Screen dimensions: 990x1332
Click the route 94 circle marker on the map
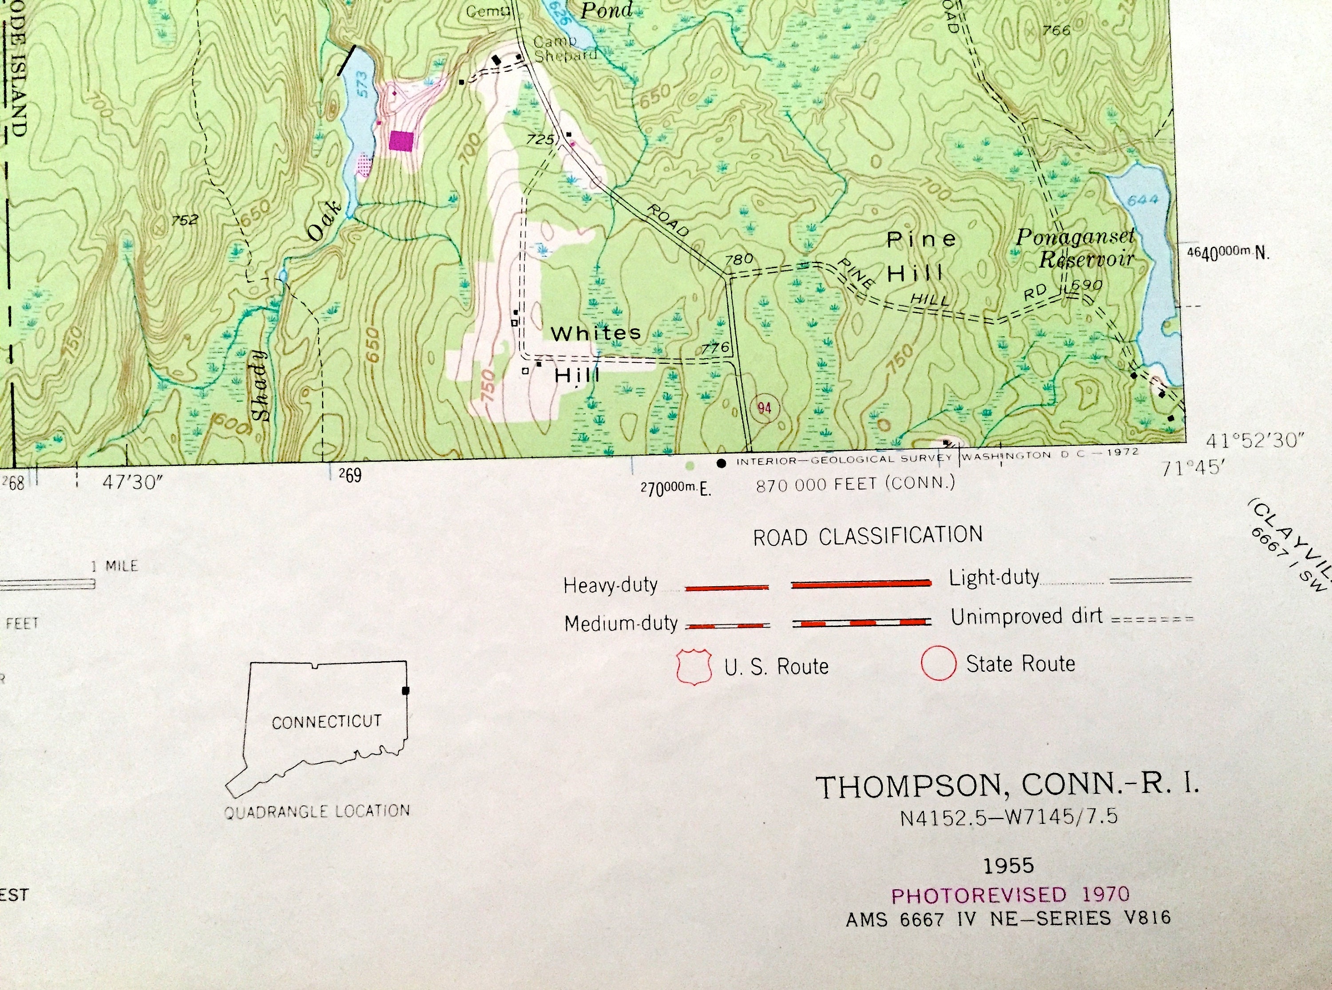764,409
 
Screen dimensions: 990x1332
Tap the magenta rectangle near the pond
401,141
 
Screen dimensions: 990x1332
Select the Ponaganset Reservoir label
1075,248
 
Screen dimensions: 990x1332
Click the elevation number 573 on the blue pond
362,88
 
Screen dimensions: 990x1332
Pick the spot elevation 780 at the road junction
738,260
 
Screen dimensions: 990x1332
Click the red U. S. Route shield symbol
694,667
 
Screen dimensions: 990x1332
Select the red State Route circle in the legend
939,664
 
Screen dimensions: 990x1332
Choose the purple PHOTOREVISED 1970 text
1010,895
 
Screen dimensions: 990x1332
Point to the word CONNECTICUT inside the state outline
327,722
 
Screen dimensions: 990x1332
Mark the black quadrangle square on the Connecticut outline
406,690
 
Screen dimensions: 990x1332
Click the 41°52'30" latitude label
1255,441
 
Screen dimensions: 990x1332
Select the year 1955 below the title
1009,865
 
